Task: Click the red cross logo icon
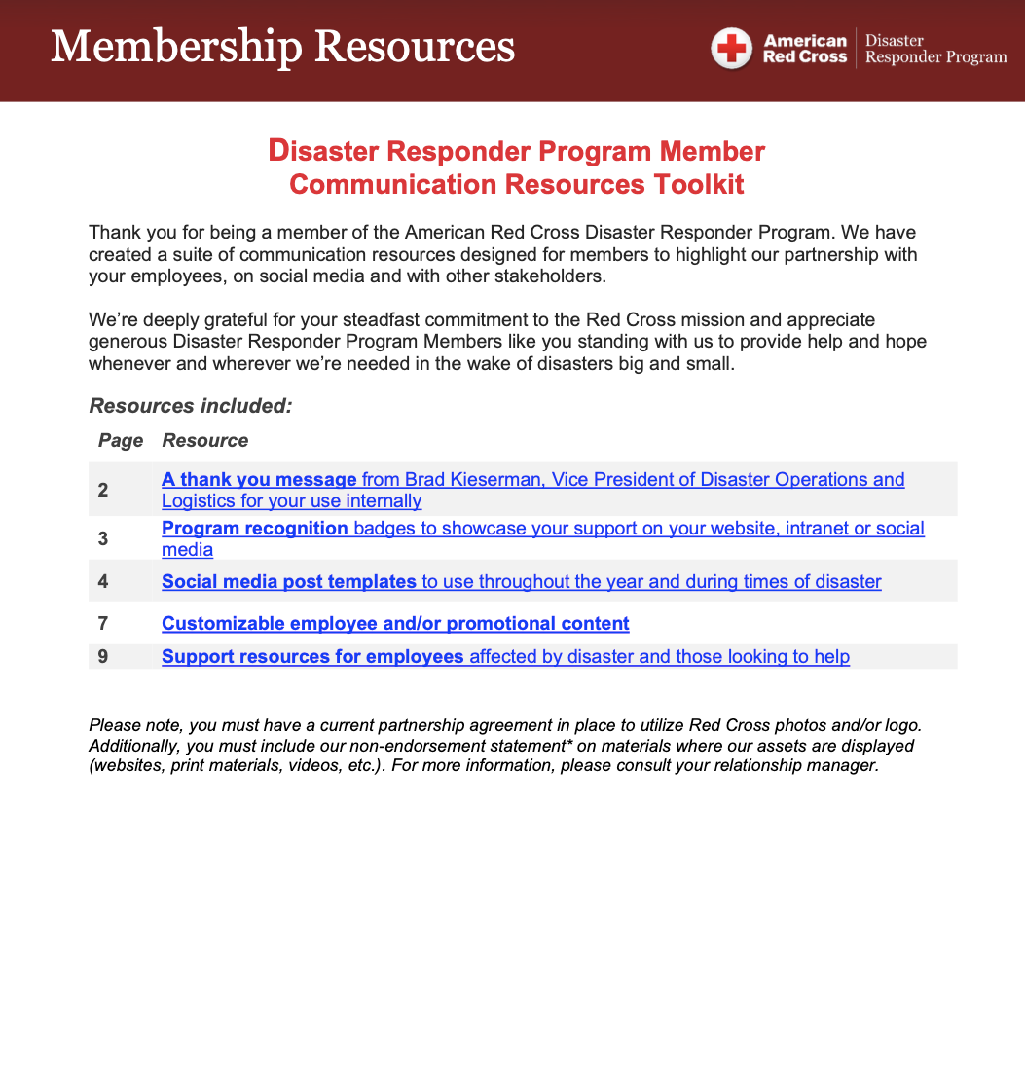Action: click(x=731, y=49)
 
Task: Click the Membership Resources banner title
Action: click(x=282, y=46)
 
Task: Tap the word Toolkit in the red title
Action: click(x=698, y=184)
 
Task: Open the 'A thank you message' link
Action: click(x=259, y=479)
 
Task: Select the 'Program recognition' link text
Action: click(x=255, y=528)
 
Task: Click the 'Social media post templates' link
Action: click(x=289, y=581)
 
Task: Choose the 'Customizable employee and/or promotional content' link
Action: click(x=395, y=623)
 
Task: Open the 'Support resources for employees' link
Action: click(x=312, y=656)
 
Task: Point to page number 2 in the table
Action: click(x=103, y=490)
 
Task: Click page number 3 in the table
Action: click(x=103, y=538)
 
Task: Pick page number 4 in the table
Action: click(x=103, y=582)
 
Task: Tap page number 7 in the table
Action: click(x=103, y=623)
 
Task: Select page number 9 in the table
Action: click(x=103, y=657)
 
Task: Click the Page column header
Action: click(x=121, y=440)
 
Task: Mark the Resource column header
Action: click(x=204, y=440)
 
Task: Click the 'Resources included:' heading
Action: click(x=191, y=406)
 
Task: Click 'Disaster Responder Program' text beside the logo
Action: click(x=935, y=49)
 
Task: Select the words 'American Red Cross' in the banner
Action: click(x=805, y=49)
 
